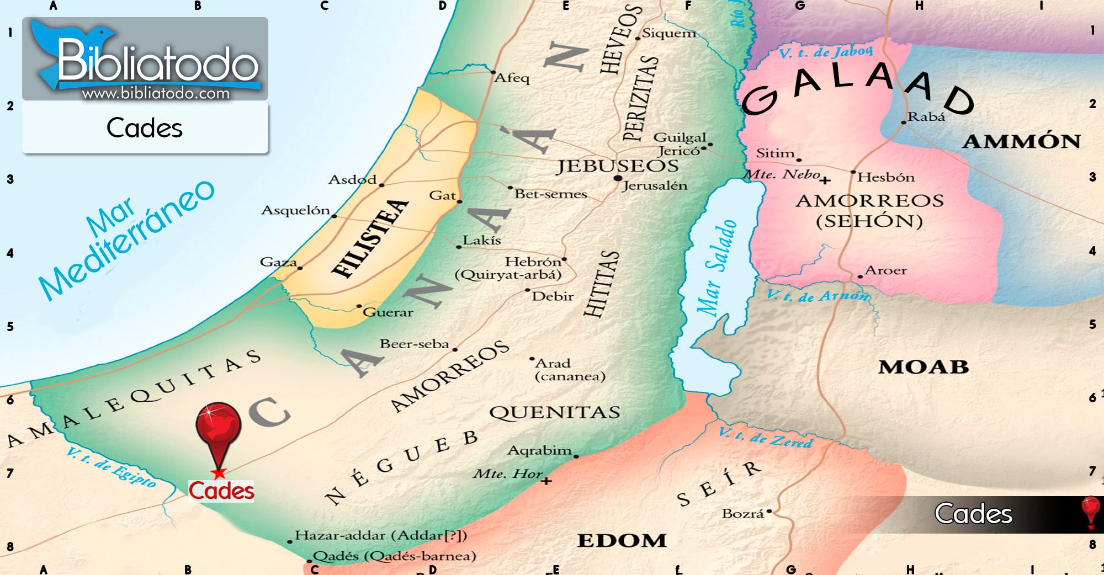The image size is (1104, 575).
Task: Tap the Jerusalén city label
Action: click(655, 186)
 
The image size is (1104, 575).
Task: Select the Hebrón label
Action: click(532, 261)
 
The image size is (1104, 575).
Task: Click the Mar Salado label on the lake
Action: click(716, 268)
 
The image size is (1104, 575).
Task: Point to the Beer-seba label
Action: click(414, 344)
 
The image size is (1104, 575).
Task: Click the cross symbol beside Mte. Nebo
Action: click(825, 180)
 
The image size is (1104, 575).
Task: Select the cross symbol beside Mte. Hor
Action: click(546, 481)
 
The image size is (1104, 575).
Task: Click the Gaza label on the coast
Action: click(278, 262)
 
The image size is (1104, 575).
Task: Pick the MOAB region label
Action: click(923, 367)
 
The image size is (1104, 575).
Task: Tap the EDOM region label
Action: click(622, 540)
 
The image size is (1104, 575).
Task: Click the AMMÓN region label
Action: click(1021, 142)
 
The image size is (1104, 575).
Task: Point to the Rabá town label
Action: click(926, 117)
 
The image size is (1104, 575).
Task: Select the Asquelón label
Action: click(295, 210)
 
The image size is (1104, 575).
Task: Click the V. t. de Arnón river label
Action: click(818, 296)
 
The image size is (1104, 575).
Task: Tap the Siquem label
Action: click(668, 34)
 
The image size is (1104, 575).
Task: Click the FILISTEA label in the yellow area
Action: click(370, 238)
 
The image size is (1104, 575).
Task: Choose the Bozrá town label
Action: click(742, 514)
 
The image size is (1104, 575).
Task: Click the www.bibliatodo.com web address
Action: click(156, 93)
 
